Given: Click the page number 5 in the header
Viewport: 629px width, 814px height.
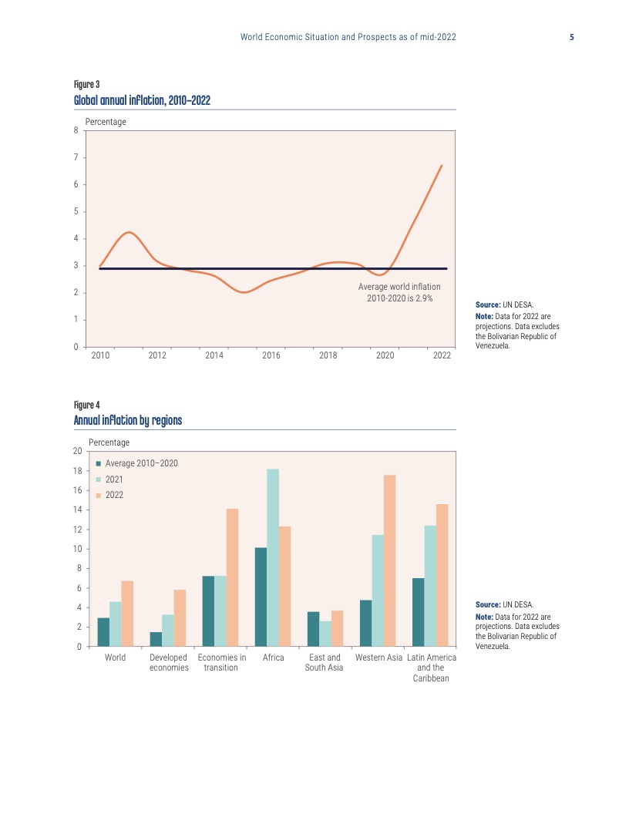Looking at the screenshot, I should click(572, 37).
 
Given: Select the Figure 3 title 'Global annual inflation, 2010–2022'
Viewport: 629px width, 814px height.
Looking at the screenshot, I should click(142, 100).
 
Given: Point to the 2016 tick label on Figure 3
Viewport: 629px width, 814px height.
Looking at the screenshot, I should click(271, 355).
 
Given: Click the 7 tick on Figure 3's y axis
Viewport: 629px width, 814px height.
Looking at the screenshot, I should click(76, 157).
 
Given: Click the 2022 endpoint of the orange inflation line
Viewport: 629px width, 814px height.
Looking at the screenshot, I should click(441, 166).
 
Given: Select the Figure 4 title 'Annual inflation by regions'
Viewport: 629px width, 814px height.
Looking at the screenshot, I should click(128, 420).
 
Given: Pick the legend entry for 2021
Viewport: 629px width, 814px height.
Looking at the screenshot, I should click(113, 479).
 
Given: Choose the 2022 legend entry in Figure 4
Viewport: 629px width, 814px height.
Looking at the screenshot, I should click(113, 495).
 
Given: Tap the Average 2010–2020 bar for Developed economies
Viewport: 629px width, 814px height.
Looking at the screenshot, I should click(156, 639).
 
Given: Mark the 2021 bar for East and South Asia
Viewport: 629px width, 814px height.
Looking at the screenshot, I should click(325, 634).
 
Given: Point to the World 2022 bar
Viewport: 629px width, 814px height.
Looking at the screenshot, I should click(127, 614).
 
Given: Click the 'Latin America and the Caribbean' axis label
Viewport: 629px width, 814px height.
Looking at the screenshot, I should click(431, 668).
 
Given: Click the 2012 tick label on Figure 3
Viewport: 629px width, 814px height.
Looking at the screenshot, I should click(157, 355).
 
